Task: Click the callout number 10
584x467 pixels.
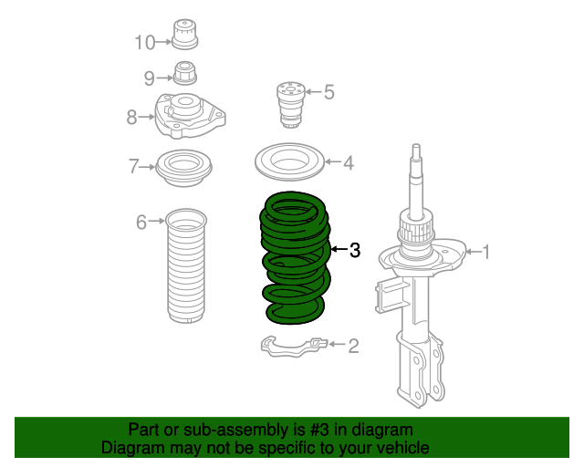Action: click(145, 42)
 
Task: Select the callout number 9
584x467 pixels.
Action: click(150, 78)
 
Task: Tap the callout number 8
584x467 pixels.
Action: click(132, 116)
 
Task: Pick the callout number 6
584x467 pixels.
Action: click(141, 222)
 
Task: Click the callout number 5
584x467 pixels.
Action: click(328, 91)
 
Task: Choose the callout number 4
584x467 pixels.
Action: click(348, 164)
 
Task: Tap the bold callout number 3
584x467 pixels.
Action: click(355, 249)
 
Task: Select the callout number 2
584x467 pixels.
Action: click(352, 345)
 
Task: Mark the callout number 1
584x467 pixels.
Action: click(485, 252)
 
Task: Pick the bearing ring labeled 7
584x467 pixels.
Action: click(185, 167)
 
